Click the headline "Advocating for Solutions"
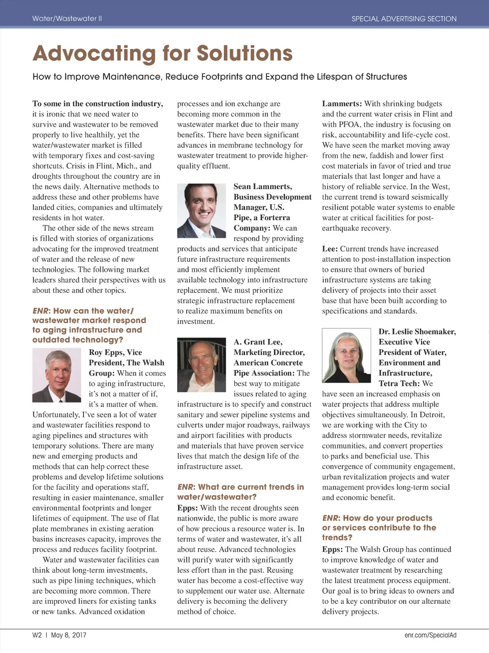tap(162, 54)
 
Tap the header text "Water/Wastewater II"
tap(67, 19)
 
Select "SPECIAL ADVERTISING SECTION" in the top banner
tap(404, 19)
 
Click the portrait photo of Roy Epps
tap(57, 375)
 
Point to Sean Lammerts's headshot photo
tap(202, 211)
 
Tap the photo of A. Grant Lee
tap(202, 365)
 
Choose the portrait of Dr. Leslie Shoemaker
tap(346, 355)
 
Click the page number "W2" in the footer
tap(37, 635)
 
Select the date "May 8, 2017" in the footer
tap(68, 635)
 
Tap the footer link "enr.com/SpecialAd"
tap(430, 635)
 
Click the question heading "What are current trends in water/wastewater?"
tap(240, 492)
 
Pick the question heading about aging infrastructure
tap(89, 325)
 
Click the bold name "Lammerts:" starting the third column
tap(342, 104)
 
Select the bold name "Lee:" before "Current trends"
tap(330, 249)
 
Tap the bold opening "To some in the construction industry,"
tap(97, 104)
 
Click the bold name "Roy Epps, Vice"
tap(115, 352)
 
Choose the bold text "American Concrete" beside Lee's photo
tap(268, 363)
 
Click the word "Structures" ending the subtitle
tap(386, 76)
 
